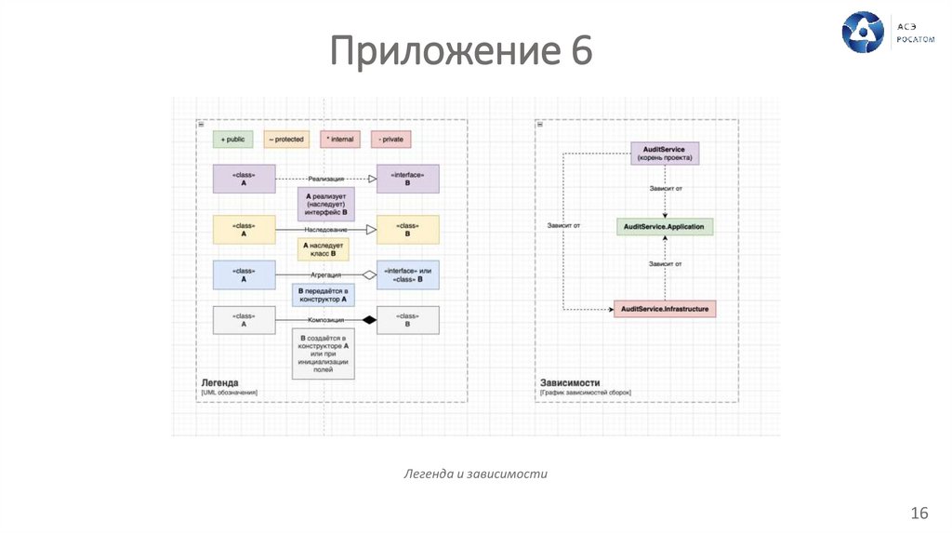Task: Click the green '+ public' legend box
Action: coord(232,140)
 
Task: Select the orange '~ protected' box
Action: coord(285,140)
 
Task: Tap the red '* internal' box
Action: coord(339,140)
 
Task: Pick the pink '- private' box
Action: coord(390,140)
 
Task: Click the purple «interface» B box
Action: coord(407,179)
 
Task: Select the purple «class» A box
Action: coord(244,179)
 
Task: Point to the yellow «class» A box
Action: coord(244,229)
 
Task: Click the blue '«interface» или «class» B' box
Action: coord(407,274)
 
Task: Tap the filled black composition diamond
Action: coord(369,320)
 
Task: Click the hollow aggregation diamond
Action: coord(369,274)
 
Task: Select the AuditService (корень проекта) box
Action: coord(664,154)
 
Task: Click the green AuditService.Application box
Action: coord(664,227)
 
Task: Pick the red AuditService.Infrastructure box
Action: coord(665,308)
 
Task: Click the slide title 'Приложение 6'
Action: coord(461,50)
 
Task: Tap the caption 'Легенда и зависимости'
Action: coord(475,474)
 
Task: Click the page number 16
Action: coord(919,514)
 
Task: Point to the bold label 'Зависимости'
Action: coord(570,382)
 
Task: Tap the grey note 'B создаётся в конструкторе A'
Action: coord(323,354)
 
